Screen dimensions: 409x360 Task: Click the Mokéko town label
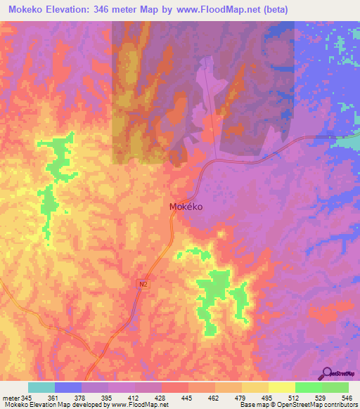[x=186, y=207]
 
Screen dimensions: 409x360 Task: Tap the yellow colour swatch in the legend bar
[x=281, y=387]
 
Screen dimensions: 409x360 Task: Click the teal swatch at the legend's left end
[x=41, y=387]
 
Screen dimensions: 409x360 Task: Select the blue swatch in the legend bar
[x=68, y=387]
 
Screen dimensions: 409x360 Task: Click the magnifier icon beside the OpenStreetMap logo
[x=328, y=373]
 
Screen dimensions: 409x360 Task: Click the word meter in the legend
[x=11, y=398]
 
